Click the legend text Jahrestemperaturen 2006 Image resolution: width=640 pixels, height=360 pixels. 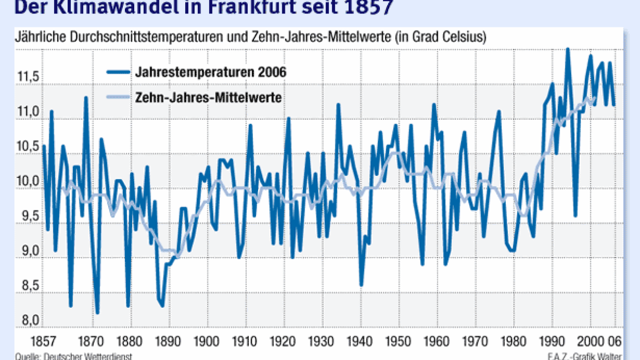click(211, 72)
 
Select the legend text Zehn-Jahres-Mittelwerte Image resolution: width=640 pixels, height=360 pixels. click(209, 97)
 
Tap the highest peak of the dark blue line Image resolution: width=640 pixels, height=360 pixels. click(567, 49)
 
